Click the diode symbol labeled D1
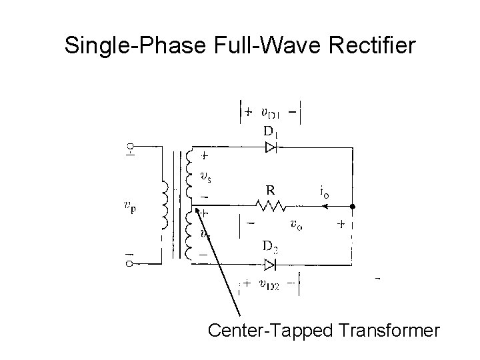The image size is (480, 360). [270, 148]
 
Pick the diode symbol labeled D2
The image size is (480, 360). [270, 265]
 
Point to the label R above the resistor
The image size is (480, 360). [271, 189]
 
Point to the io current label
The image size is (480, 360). [324, 193]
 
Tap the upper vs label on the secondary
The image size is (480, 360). [207, 177]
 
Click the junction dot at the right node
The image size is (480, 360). [352, 207]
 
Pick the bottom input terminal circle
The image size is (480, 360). [129, 264]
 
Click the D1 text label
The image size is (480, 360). [270, 131]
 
